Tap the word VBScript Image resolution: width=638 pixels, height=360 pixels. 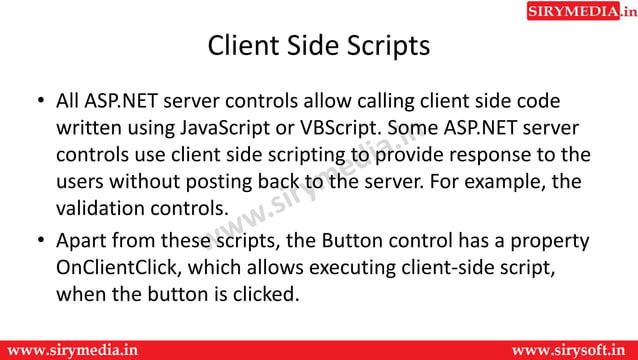point(342,129)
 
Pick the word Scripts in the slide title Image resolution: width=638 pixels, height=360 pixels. point(380,47)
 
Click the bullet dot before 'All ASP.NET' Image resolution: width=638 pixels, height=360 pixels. point(37,102)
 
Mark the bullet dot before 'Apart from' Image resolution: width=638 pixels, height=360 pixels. point(37,242)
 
